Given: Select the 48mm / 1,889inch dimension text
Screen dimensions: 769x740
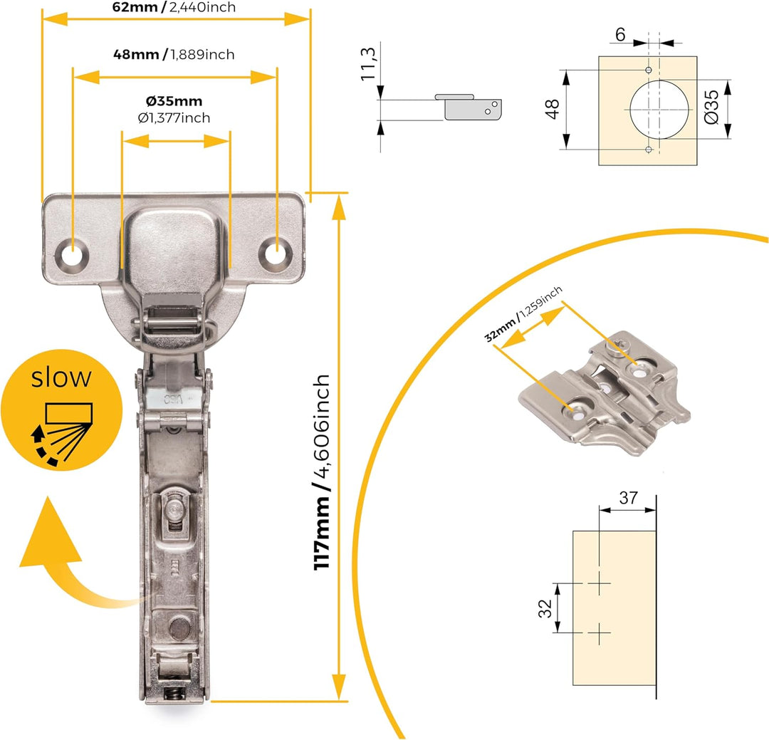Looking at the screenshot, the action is (174, 54).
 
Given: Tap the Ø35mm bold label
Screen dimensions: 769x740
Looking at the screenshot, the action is (174, 101).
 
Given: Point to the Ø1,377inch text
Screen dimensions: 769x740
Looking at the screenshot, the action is (174, 118).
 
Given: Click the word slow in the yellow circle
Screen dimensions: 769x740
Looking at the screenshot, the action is (61, 377).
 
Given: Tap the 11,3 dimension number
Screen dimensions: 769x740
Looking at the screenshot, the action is (368, 64).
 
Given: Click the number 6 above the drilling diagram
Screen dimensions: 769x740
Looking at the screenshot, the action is (620, 35).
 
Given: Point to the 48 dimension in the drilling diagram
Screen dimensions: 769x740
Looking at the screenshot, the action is (553, 109).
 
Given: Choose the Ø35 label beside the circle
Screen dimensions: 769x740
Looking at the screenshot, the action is (711, 107).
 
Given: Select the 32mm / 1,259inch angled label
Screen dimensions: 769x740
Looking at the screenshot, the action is (523, 314).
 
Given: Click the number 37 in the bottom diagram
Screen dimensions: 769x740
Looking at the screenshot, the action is (628, 498).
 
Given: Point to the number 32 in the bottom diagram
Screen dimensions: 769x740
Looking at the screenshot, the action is (545, 608).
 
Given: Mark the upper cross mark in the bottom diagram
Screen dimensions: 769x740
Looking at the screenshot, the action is (599, 583).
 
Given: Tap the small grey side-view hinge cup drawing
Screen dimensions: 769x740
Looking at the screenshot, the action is (469, 107).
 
